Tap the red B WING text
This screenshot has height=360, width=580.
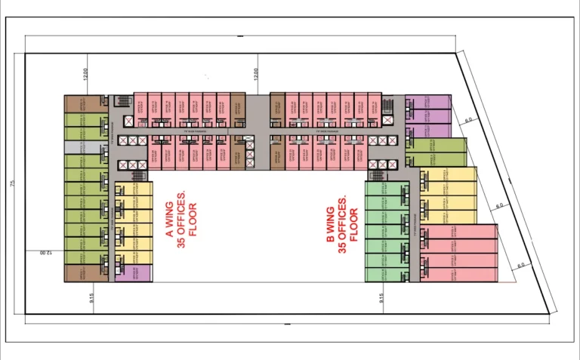pyautogui.click(x=331, y=226)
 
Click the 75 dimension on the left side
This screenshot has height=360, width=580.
pyautogui.click(x=13, y=183)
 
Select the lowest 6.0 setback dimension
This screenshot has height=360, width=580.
pyautogui.click(x=521, y=266)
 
